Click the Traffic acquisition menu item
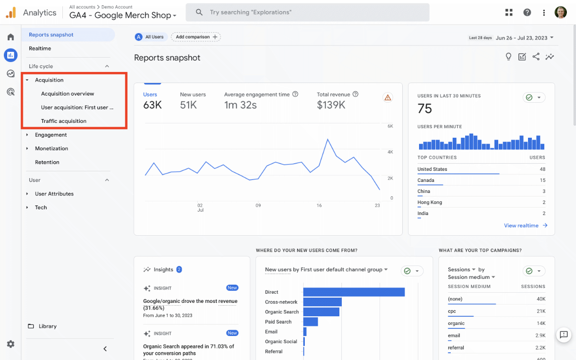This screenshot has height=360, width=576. [64, 121]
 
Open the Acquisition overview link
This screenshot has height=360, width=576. [68, 94]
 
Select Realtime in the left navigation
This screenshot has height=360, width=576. [40, 48]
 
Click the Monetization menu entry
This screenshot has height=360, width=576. [51, 148]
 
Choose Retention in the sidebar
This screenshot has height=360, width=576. [47, 162]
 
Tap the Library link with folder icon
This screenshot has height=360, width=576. [48, 326]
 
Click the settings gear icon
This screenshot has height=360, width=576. [11, 344]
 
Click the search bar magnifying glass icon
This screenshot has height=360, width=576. [199, 12]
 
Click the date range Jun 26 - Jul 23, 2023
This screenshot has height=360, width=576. [524, 38]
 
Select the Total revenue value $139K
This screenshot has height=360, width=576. [331, 105]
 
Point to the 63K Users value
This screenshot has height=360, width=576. [152, 105]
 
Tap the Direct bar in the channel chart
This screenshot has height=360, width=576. [354, 292]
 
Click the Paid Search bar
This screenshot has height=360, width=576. [311, 322]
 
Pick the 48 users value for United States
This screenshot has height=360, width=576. [542, 169]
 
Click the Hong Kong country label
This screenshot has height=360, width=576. [430, 203]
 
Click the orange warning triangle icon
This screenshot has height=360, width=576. [388, 98]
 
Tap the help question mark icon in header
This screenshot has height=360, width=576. [527, 12]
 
